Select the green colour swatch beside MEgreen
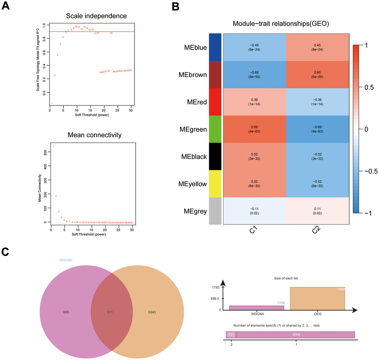(x=215, y=129)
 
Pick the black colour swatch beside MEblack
(x=215, y=157)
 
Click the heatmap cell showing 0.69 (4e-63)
(x=255, y=129)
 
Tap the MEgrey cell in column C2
(x=317, y=211)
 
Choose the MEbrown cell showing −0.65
(x=255, y=74)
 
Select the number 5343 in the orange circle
(x=155, y=312)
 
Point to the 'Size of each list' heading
(x=286, y=278)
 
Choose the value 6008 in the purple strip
(x=295, y=335)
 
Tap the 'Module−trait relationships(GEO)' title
(x=281, y=24)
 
